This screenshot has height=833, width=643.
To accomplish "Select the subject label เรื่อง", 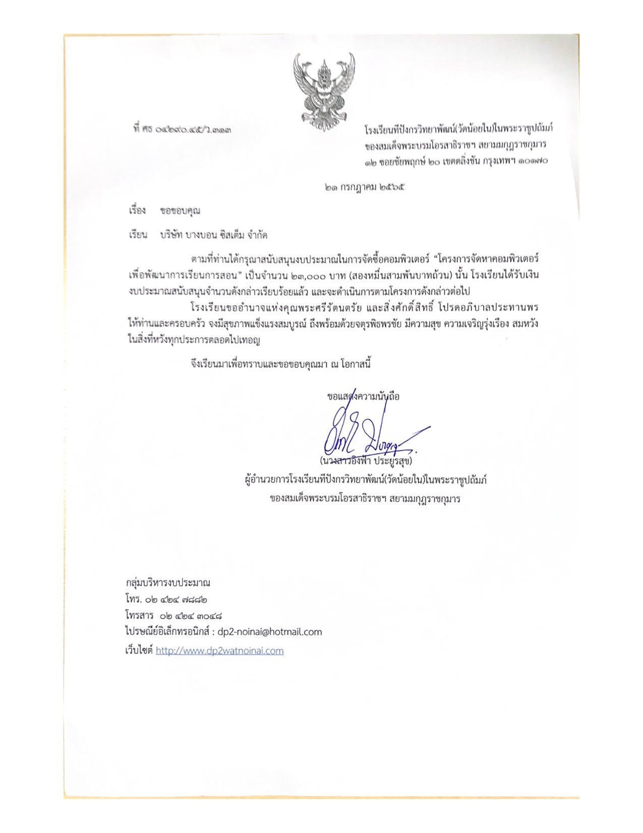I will (x=137, y=211).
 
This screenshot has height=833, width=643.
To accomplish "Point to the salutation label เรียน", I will (x=137, y=235).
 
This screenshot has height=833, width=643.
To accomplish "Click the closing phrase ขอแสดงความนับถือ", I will (x=363, y=396).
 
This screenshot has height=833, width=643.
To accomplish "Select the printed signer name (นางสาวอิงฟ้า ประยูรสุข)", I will (x=366, y=461).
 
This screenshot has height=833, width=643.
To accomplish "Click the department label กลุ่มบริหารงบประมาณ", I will (x=168, y=583).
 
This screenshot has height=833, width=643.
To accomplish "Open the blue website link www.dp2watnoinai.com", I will (x=219, y=651).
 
